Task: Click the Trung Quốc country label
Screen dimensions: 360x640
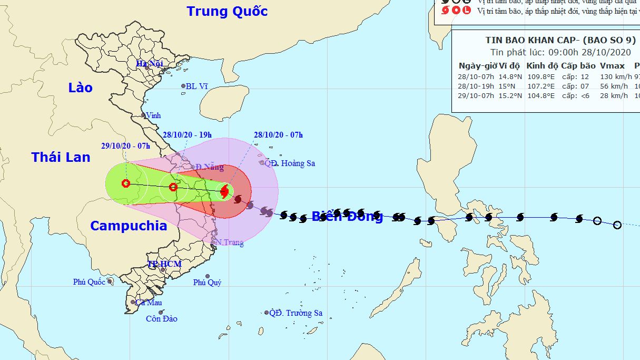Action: point(227,11)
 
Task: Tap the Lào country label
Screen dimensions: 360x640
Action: point(80,87)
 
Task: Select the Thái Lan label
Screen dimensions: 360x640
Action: point(61,157)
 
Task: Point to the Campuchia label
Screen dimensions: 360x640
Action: point(129,226)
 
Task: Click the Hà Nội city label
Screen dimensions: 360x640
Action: point(150,64)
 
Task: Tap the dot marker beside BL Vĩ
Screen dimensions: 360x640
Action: point(183,86)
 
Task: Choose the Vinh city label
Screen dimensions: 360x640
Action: point(153,115)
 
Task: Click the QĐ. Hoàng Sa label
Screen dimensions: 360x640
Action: point(290,163)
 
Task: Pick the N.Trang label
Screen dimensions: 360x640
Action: point(230,242)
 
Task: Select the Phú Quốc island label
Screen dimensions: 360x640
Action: point(89,282)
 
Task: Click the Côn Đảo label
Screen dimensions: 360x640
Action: point(162,318)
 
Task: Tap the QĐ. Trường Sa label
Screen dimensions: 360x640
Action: point(296,313)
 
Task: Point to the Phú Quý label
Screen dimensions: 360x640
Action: point(207,283)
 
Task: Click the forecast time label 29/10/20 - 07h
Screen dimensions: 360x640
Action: point(126,146)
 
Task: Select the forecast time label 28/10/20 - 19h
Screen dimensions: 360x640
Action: point(187,135)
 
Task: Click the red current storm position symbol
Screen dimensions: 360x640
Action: point(225,191)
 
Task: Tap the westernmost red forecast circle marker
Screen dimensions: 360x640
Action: point(125,183)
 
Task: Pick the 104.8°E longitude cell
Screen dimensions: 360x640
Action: point(539,95)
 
